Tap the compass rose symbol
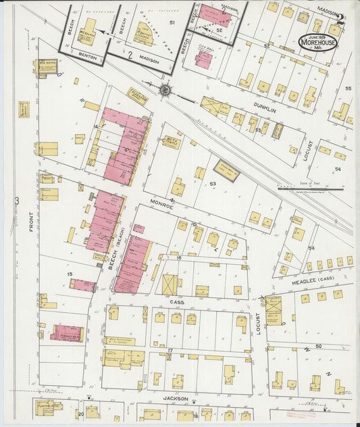pos(165,89)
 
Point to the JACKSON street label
pos(174,399)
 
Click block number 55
pos(349,89)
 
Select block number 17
pos(171,349)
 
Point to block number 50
pos(318,346)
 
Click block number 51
pos(172,24)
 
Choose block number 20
pos(80,413)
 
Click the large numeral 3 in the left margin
pos(16,201)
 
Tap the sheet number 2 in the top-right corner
pos(342,19)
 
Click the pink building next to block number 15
pos(82,286)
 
